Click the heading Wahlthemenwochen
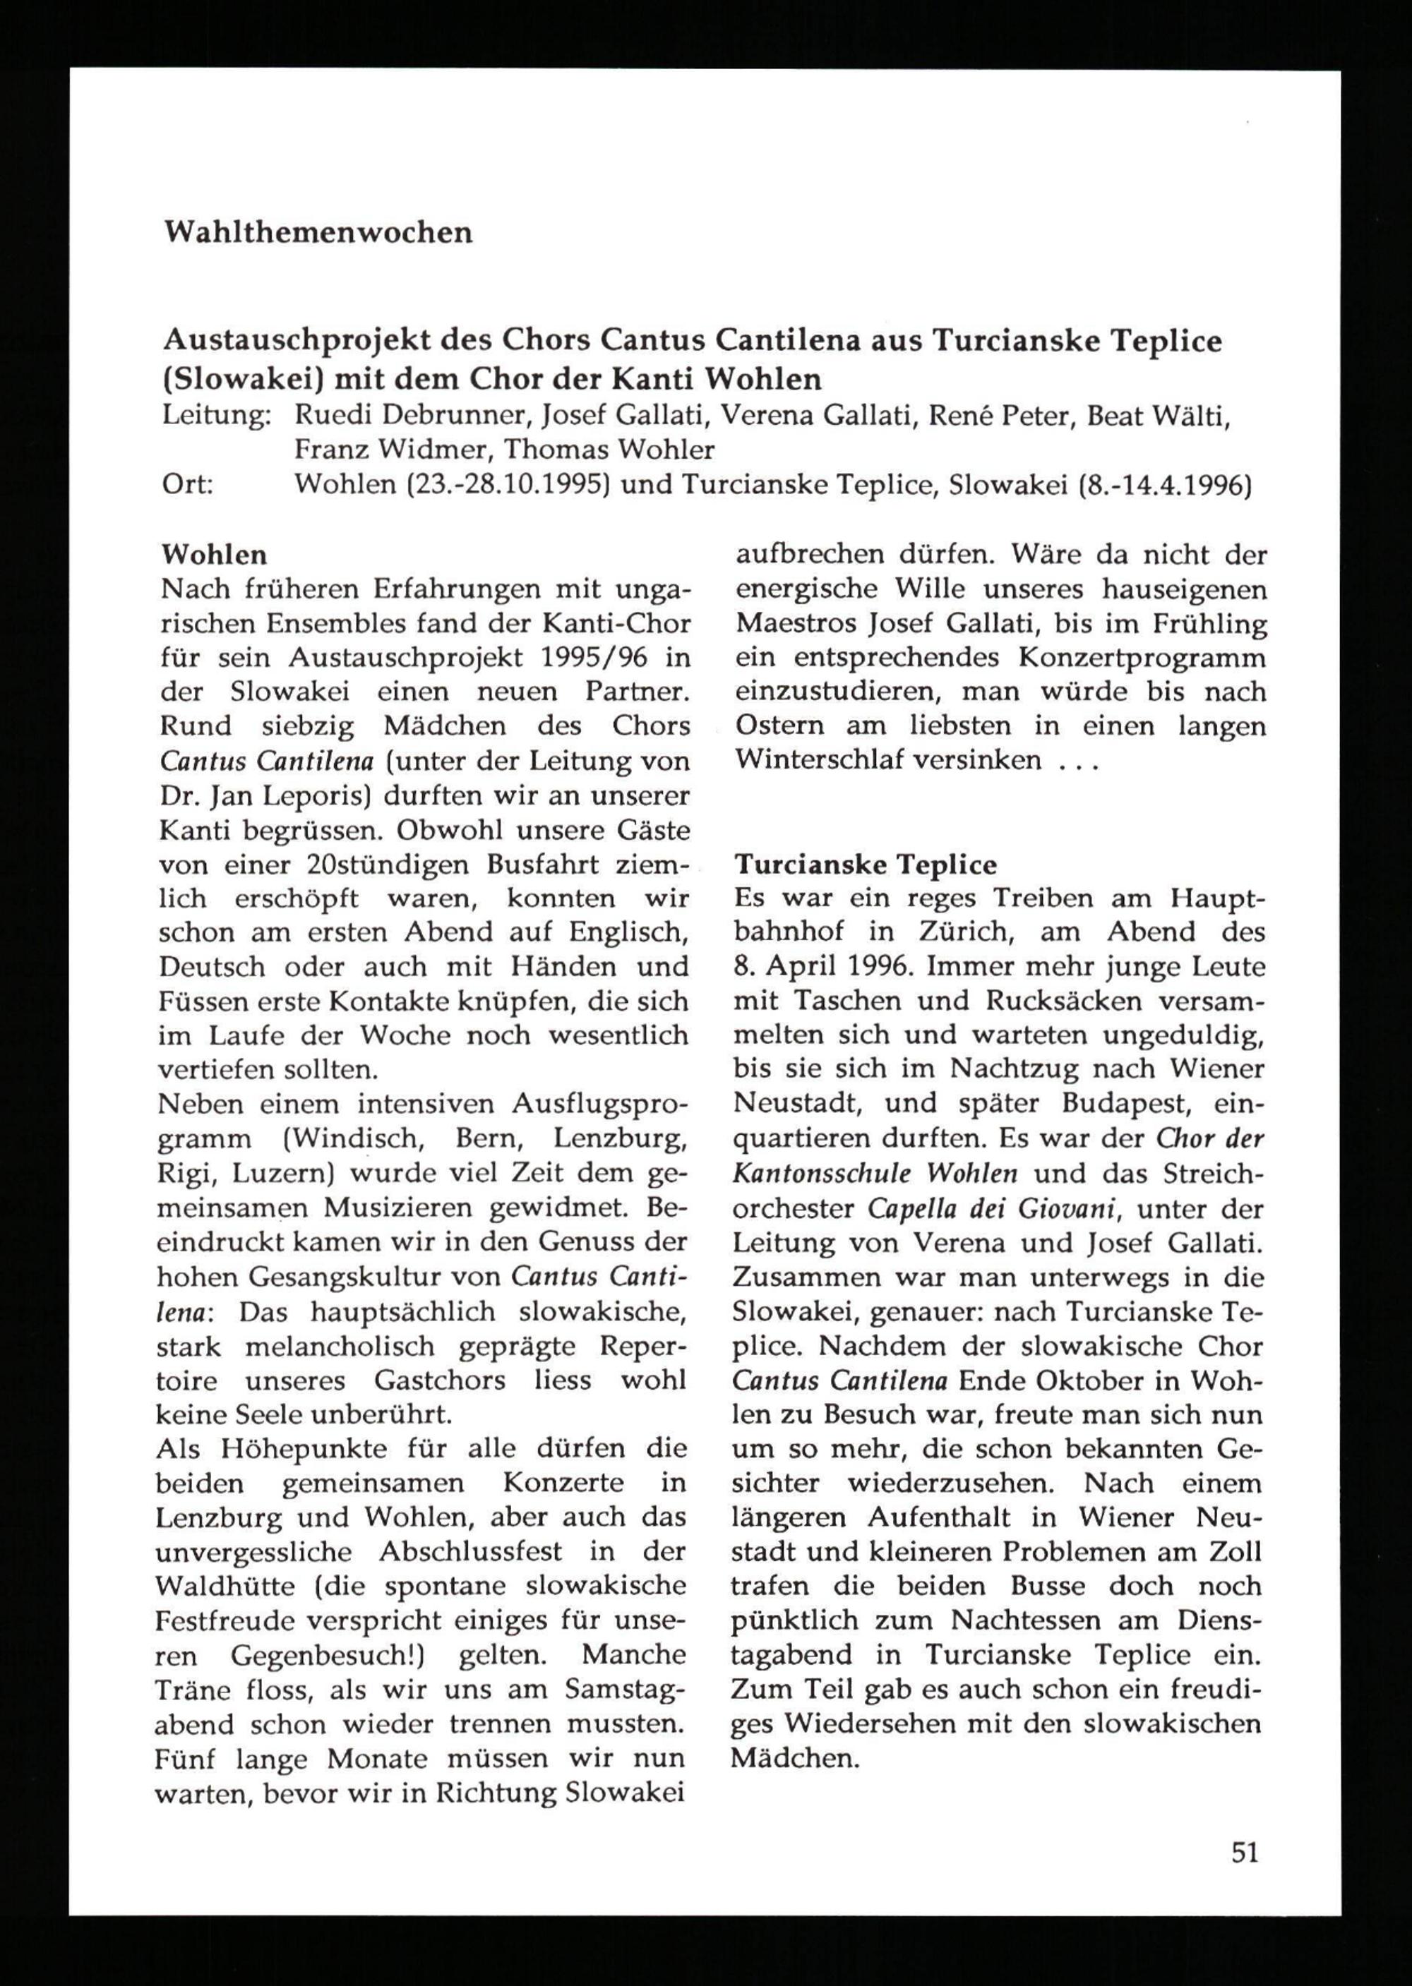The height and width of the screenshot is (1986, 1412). point(318,233)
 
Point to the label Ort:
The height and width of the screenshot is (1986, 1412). point(189,484)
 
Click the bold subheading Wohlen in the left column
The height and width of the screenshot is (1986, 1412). point(215,555)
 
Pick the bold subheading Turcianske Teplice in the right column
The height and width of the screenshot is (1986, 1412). point(865,865)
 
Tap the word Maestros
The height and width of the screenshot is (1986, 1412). point(801,623)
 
